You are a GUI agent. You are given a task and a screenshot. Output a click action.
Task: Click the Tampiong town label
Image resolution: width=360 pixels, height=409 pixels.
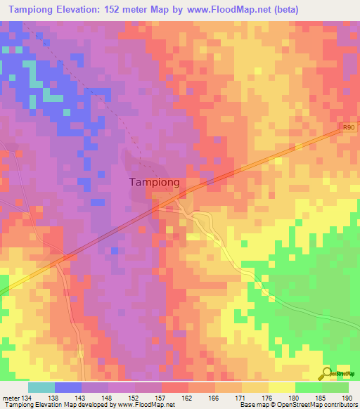click(155, 182)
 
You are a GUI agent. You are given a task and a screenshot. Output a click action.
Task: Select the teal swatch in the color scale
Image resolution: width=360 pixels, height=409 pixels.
click(41, 387)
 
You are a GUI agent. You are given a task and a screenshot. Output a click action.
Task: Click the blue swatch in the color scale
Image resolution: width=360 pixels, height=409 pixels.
click(68, 387)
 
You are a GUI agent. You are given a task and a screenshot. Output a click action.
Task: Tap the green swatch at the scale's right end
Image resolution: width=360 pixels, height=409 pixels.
click(335, 387)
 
